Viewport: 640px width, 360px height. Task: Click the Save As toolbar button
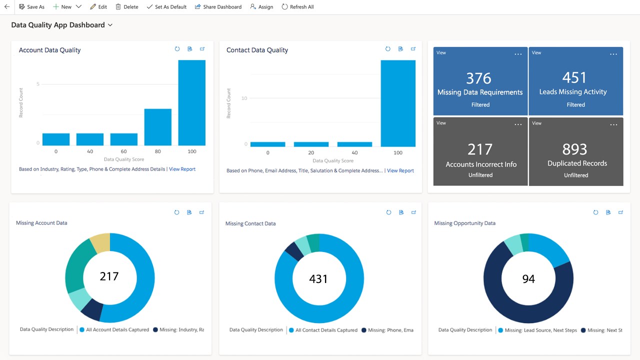(x=31, y=7)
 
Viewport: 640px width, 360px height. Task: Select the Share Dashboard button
(x=218, y=7)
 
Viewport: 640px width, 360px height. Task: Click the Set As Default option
(x=166, y=7)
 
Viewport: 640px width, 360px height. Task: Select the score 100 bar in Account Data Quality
(x=191, y=102)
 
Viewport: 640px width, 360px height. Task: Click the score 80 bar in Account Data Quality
(x=157, y=127)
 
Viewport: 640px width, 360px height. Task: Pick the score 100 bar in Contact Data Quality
(x=398, y=103)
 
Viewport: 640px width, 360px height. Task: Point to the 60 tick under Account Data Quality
(x=123, y=151)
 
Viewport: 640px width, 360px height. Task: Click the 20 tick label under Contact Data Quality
(x=311, y=152)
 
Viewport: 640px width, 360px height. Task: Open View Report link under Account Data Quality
(x=182, y=169)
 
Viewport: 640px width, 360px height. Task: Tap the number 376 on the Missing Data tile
(x=478, y=78)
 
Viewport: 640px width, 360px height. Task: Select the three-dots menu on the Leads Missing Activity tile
(x=613, y=54)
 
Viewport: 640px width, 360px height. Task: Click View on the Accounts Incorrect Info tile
(x=441, y=123)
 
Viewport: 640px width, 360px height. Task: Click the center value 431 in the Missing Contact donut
(x=318, y=278)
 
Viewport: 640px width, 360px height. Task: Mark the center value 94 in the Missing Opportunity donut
(x=528, y=278)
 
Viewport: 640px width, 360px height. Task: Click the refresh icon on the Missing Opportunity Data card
(x=595, y=212)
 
